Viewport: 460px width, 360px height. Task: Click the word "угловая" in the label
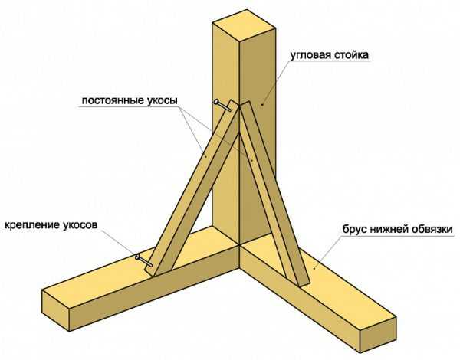[313, 56]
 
